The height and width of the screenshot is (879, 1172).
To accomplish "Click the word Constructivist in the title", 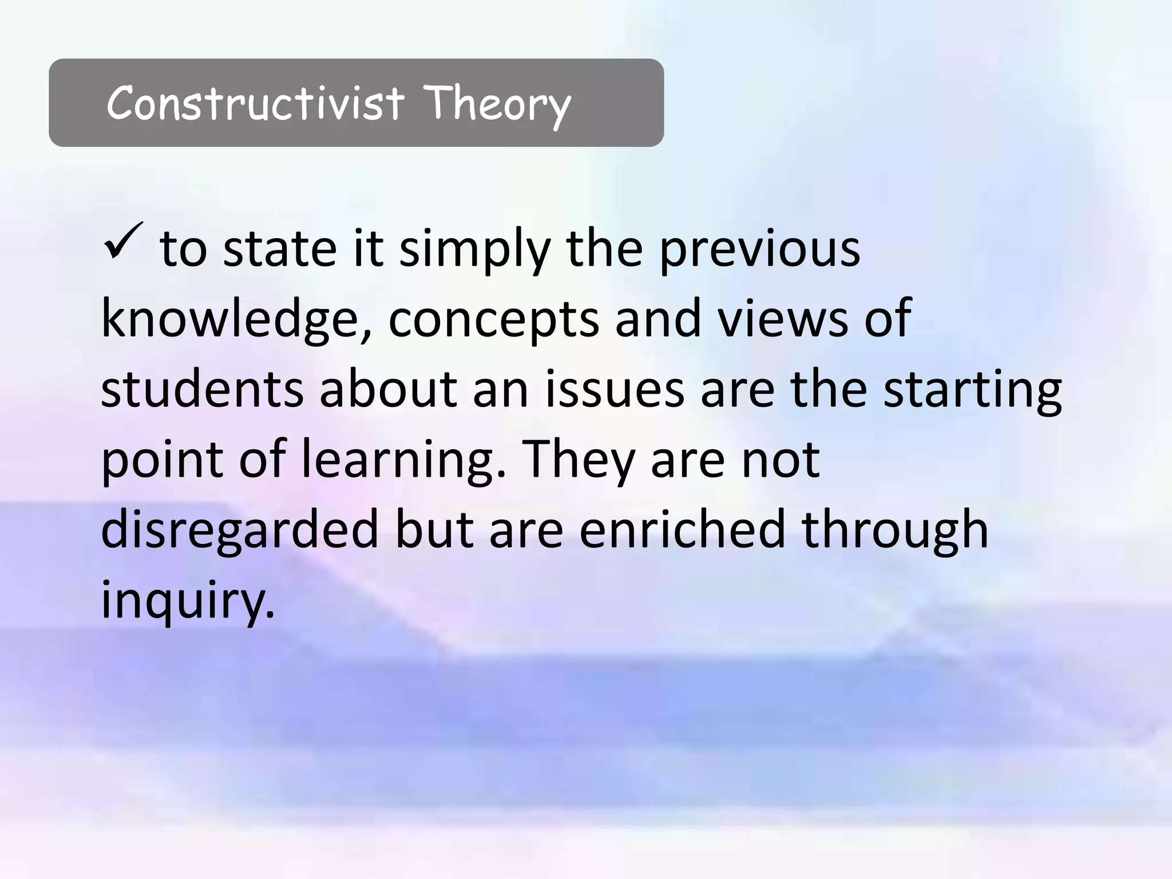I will coord(255,103).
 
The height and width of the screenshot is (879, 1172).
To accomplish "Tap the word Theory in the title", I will coord(497,104).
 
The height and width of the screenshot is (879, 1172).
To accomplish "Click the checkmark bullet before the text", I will coord(123,241).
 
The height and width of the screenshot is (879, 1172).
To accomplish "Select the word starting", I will coord(972,390).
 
